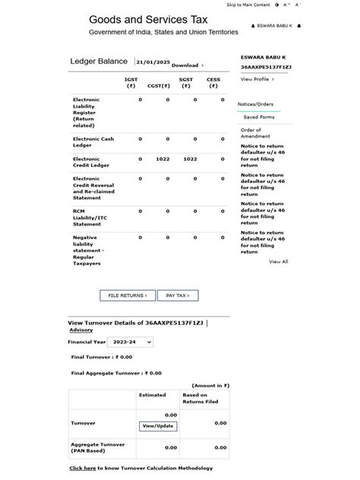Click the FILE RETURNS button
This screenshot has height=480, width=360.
(128, 295)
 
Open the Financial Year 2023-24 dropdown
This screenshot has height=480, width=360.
(130, 343)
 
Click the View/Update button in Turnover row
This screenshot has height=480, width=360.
(158, 426)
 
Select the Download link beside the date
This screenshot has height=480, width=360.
(187, 65)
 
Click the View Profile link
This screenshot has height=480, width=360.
(257, 79)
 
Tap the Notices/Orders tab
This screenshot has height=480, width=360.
(255, 104)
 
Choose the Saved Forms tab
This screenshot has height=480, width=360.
(259, 118)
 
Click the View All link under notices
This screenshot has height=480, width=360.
(279, 261)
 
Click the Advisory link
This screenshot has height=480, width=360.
(81, 330)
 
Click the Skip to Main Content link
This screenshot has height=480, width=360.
(248, 5)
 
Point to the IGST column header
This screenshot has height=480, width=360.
(131, 82)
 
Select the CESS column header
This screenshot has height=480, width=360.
(213, 82)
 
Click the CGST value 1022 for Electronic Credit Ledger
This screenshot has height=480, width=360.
(163, 159)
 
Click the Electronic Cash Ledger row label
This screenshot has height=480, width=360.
(93, 142)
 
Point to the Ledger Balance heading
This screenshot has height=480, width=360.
(99, 62)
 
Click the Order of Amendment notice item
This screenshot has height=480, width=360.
(255, 133)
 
